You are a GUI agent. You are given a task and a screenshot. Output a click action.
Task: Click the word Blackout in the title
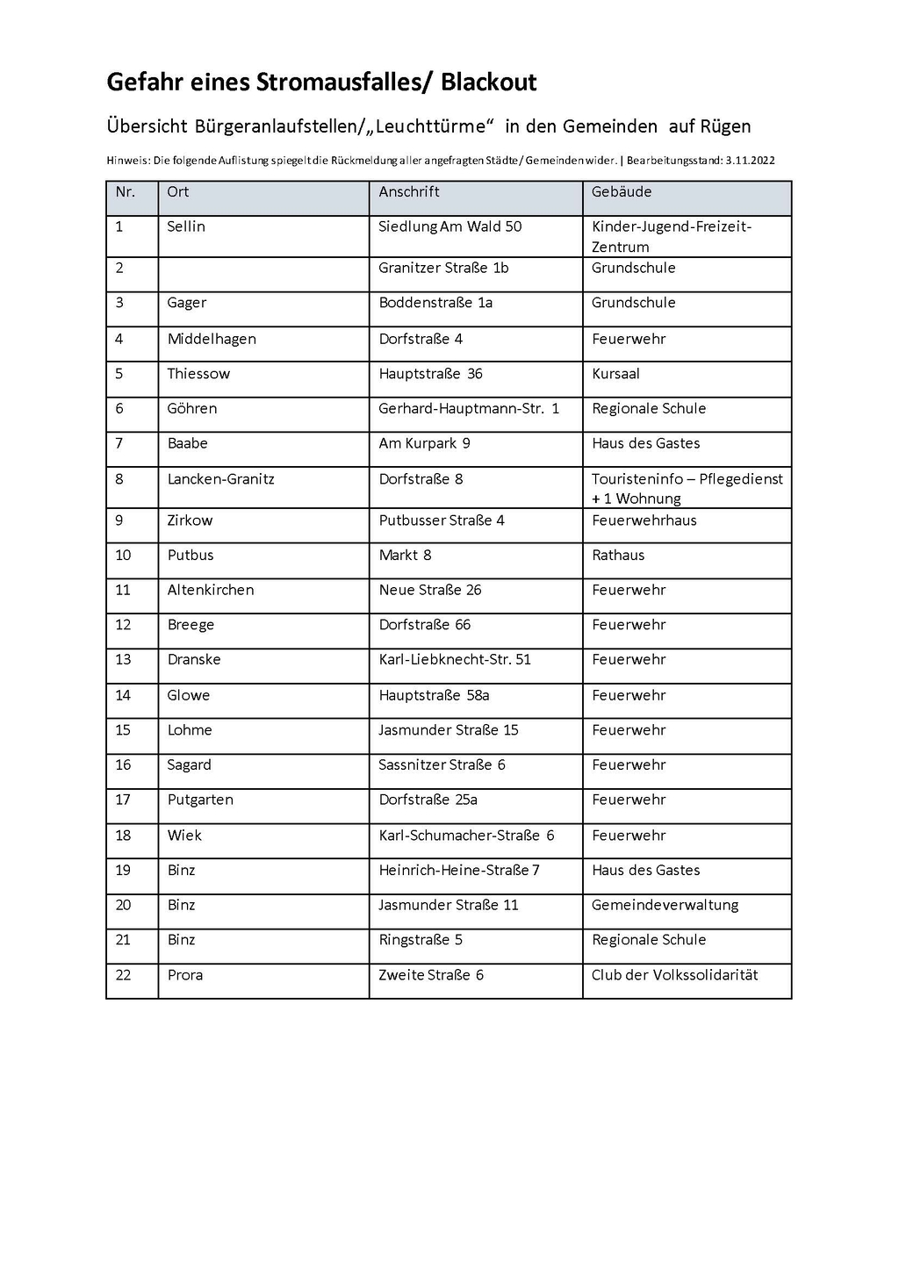[x=488, y=83]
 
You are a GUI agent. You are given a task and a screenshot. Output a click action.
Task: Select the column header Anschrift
[x=409, y=191]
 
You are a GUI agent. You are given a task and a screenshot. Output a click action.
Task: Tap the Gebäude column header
[x=622, y=191]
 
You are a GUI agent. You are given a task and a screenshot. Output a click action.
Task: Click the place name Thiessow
[x=198, y=374]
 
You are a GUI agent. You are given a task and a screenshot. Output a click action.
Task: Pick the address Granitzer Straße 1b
[x=443, y=268]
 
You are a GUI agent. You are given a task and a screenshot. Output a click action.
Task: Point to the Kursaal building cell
[x=615, y=374]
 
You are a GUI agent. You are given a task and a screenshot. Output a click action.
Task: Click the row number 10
[x=123, y=556]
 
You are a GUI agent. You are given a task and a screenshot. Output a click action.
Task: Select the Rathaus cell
[x=618, y=556]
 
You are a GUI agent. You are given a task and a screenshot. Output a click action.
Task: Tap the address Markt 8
[x=405, y=556]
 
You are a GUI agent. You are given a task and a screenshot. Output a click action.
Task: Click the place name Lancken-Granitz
[x=220, y=479]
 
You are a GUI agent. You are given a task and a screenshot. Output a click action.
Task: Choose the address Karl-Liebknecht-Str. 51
[x=455, y=660]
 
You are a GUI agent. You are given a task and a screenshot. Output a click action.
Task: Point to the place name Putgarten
[x=200, y=800]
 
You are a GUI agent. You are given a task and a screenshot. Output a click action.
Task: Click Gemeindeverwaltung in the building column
[x=665, y=905]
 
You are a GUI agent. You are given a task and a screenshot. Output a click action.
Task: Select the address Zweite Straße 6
[x=431, y=975]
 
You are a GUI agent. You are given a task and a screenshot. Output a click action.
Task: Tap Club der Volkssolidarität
[x=674, y=975]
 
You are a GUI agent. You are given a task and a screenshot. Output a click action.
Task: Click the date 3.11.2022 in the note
[x=750, y=161]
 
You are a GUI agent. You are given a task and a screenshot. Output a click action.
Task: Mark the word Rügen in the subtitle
[x=725, y=126]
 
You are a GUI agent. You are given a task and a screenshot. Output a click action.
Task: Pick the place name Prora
[x=185, y=975]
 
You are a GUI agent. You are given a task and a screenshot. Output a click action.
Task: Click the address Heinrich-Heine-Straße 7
[x=459, y=871]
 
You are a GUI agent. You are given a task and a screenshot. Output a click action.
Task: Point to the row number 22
[x=123, y=975]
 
